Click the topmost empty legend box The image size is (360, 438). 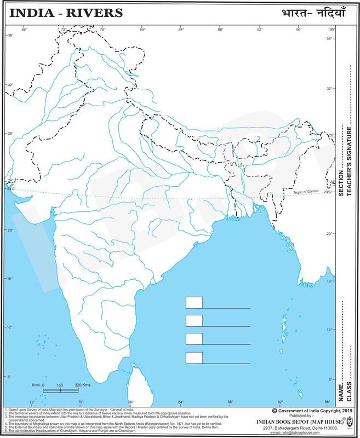(194, 303)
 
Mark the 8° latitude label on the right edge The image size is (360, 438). (329, 379)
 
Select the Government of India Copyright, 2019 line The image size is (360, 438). (309, 410)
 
